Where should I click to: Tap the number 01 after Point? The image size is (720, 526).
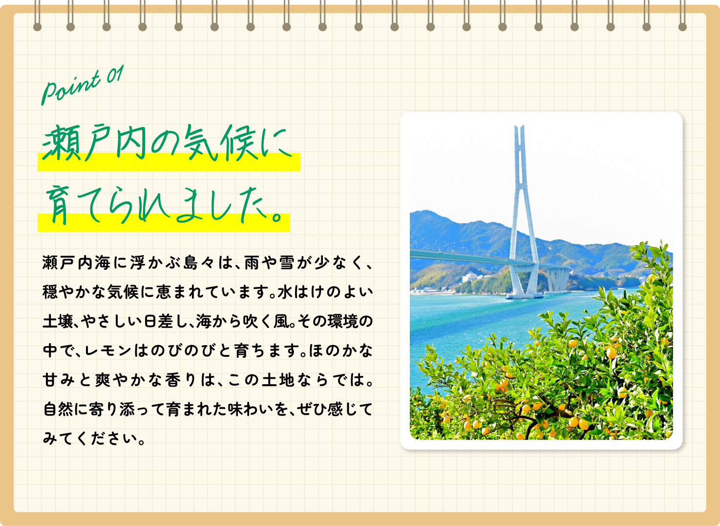point(115,75)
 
